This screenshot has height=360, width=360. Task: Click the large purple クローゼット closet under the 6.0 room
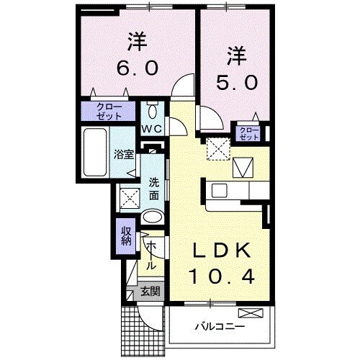pyautogui.click(x=107, y=112)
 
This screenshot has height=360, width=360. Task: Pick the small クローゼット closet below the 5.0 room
pyautogui.click(x=248, y=133)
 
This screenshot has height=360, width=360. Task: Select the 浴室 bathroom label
pyautogui.click(x=124, y=154)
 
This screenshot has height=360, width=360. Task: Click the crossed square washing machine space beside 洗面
pyautogui.click(x=130, y=197)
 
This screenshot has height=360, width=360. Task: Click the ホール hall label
pyautogui.click(x=153, y=256)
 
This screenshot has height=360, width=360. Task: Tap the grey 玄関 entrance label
pyautogui.click(x=150, y=291)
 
